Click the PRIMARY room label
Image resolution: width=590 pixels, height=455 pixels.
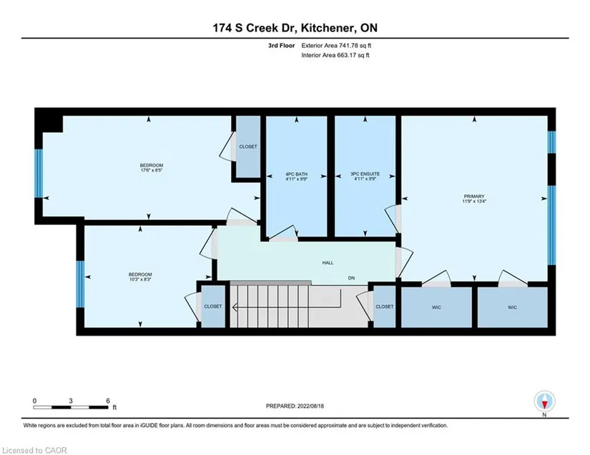click(473, 196)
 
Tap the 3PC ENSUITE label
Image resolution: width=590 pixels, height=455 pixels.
click(365, 174)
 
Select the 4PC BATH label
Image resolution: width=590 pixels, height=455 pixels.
click(297, 174)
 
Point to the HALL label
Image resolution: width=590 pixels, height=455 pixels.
click(328, 263)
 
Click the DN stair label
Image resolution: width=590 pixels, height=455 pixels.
click(351, 278)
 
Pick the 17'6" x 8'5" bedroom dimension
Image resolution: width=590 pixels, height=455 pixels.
click(152, 170)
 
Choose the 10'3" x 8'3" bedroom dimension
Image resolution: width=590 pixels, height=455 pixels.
click(140, 279)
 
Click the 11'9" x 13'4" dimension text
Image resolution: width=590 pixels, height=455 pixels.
click(474, 201)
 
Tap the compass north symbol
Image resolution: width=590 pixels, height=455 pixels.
click(544, 401)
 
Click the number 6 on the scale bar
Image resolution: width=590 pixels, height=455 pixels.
click(108, 401)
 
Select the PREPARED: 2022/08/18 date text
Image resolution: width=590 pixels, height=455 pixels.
click(295, 406)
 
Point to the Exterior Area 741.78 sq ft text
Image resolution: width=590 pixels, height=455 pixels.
click(336, 46)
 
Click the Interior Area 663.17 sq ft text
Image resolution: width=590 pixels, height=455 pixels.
click(335, 55)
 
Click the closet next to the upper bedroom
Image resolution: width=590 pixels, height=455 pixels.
click(248, 146)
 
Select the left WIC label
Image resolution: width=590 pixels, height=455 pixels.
click(436, 307)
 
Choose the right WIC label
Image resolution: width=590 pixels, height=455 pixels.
click(513, 307)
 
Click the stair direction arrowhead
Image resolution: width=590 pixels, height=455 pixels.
click(235, 307)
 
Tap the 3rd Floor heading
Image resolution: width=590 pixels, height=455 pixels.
click(282, 46)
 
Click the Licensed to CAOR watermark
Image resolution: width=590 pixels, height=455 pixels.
click(34, 450)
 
